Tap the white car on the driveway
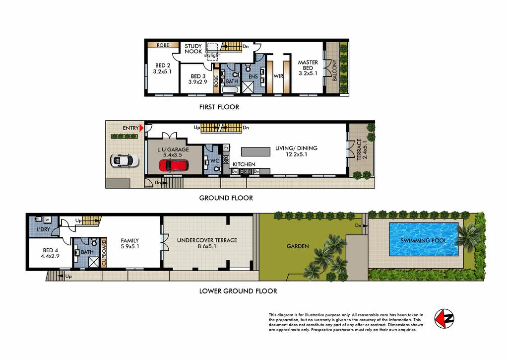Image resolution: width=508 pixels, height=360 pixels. pos(122,160)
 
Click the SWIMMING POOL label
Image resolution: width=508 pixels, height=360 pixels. pos(424,241)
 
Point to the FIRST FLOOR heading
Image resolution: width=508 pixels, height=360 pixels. pos(219,107)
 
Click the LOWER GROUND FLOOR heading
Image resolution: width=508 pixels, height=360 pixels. pos(238,291)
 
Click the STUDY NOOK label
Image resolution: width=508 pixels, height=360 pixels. pos(193,49)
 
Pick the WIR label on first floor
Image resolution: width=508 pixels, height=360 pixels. pos(278,76)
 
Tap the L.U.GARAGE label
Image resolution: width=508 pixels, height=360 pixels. pos(173,150)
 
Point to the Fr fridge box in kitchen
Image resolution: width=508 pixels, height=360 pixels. pos(226,147)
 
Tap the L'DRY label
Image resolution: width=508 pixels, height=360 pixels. pos(43,230)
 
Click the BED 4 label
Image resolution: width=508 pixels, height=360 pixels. pos(50,253)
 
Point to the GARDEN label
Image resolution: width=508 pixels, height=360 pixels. pos(297,246)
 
